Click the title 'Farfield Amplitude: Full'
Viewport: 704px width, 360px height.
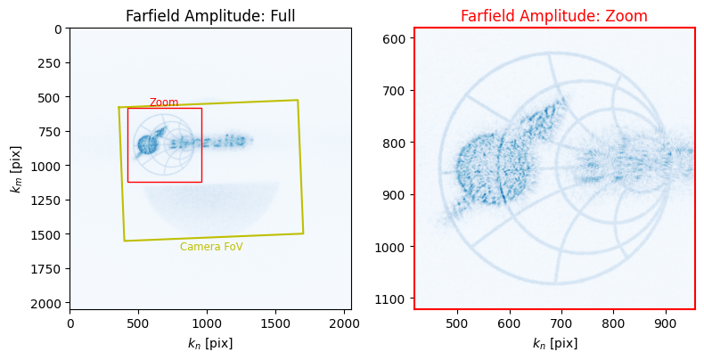(x=210, y=16)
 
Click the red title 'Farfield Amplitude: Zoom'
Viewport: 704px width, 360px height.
(x=554, y=16)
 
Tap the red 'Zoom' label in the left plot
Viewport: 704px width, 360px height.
(x=164, y=102)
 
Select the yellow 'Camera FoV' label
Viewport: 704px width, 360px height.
(x=211, y=247)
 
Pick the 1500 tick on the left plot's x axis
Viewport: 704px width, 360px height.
(x=275, y=323)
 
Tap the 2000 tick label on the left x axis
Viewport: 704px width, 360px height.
(x=344, y=323)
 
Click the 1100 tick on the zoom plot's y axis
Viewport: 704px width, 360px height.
(x=393, y=299)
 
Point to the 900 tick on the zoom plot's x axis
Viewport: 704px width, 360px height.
(x=666, y=323)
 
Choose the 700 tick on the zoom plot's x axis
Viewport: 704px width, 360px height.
(x=561, y=323)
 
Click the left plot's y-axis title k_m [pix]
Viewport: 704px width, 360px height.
(x=16, y=169)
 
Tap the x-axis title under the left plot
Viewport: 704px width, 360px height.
(x=210, y=344)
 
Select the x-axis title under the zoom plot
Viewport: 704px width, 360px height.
(x=555, y=344)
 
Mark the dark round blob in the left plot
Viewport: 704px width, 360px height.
(x=146, y=144)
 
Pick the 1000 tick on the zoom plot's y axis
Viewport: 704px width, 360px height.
(x=393, y=247)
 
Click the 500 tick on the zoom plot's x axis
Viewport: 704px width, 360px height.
(x=457, y=323)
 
